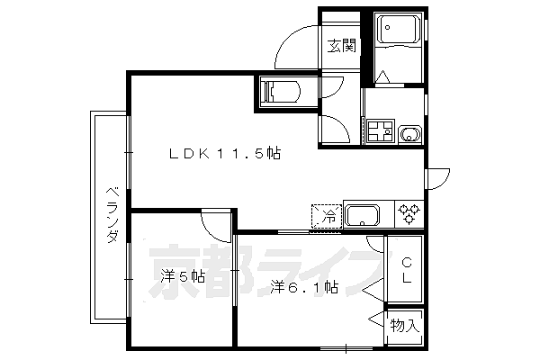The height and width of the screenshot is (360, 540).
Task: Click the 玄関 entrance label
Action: coord(341,46)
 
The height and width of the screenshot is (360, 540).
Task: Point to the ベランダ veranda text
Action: coord(112,215)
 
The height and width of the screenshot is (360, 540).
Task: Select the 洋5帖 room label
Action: coord(183,277)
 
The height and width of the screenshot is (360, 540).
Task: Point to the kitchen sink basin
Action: coord(363,216)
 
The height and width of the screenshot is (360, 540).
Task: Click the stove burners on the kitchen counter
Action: coord(409,214)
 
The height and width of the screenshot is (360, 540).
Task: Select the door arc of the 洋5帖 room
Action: coord(216,220)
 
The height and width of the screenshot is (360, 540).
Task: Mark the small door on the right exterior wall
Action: coord(434,178)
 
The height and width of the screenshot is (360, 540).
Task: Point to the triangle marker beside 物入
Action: coord(377,318)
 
